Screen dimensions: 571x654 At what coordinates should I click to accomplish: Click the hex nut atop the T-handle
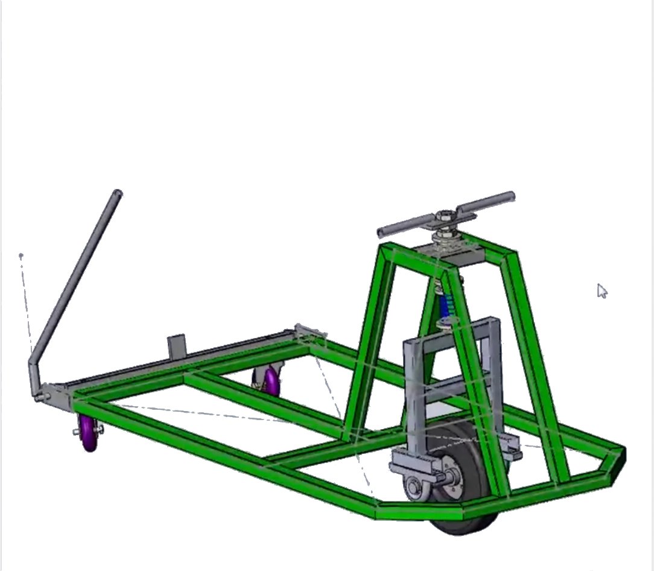click(x=445, y=215)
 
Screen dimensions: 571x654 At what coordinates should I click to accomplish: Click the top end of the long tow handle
click(x=118, y=194)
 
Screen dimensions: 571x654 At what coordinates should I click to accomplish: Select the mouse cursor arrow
click(x=602, y=291)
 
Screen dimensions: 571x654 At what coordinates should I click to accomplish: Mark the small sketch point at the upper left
click(x=21, y=256)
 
